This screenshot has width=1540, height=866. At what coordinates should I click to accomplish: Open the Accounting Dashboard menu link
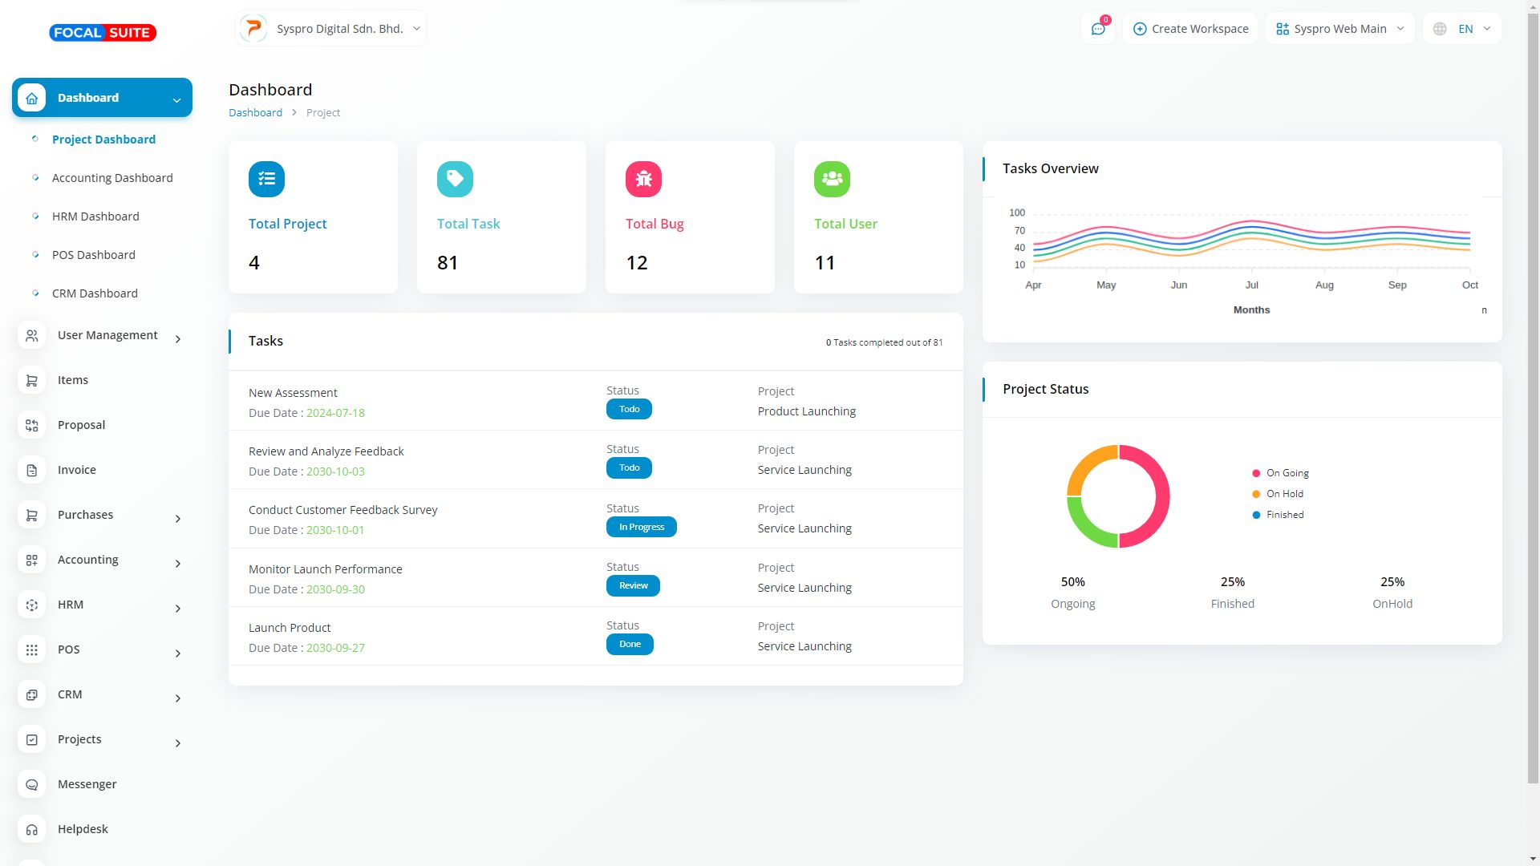point(112,178)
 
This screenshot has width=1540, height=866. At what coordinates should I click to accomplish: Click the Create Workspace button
point(1190,29)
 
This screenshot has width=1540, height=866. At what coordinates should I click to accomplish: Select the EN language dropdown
point(1462,29)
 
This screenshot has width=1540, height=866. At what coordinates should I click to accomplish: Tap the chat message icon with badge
point(1098,29)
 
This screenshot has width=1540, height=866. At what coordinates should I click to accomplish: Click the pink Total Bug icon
point(643,179)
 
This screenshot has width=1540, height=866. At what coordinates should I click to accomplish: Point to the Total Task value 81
point(448,263)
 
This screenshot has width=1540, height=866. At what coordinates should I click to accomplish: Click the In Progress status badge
point(641,527)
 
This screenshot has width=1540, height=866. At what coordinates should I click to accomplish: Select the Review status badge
point(633,585)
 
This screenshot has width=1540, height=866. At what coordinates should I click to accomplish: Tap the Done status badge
point(630,644)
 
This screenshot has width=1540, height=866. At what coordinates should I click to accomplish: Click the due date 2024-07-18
point(335,413)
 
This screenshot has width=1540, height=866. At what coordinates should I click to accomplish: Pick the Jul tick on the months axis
point(1251,285)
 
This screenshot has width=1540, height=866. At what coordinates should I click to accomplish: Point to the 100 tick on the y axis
point(1017,212)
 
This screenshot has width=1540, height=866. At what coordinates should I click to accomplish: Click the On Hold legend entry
point(1284,494)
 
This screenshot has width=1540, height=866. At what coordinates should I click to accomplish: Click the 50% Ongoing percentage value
point(1072,582)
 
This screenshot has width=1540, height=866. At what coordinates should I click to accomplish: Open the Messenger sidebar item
point(87,784)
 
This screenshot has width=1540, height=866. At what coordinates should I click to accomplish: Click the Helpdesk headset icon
point(32,829)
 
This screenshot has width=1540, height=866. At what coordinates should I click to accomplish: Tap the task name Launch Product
point(290,628)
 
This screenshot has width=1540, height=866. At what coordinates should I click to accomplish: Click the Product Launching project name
point(806,411)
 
